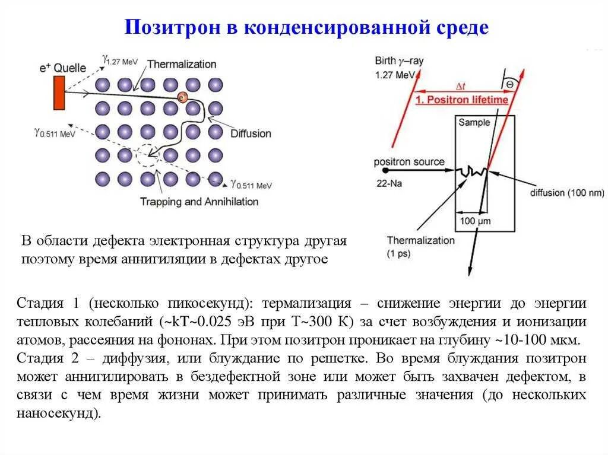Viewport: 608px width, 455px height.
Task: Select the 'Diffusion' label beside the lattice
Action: coord(251,133)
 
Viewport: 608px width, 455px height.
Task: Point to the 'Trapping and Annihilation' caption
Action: coord(199,202)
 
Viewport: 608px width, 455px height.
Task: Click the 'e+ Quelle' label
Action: coord(62,68)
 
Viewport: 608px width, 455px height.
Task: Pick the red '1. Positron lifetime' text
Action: coord(461,100)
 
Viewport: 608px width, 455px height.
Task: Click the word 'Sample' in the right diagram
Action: coord(474,122)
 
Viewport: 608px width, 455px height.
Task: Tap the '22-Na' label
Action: coord(388,183)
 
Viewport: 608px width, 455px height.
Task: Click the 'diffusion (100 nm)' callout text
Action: coord(567,193)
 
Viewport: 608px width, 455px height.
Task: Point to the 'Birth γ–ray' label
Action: coord(399,61)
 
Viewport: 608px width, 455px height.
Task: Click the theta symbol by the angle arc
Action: coord(509,85)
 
